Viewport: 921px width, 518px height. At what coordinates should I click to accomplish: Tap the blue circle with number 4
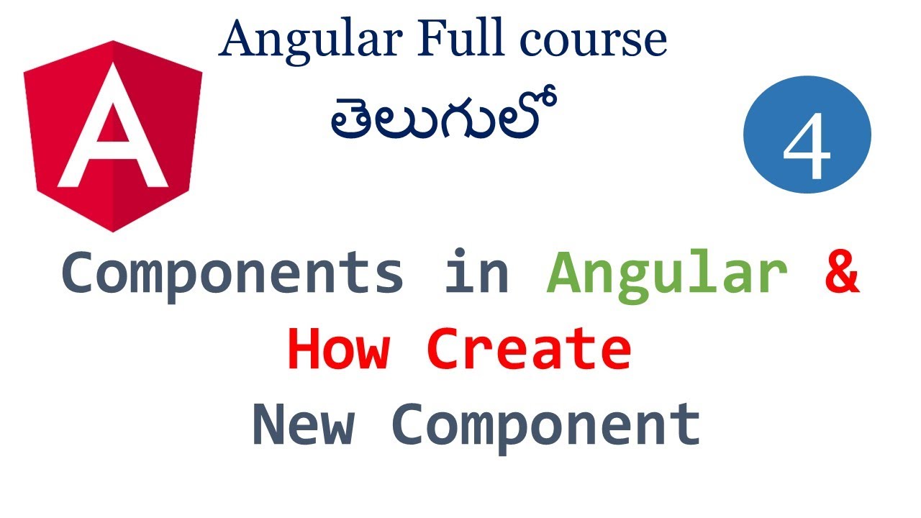[x=807, y=135]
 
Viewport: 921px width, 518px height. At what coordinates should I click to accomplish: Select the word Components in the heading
[x=232, y=273]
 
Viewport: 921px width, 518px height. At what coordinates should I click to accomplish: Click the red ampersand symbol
[x=841, y=271]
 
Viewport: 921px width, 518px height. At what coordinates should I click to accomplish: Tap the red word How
[x=339, y=349]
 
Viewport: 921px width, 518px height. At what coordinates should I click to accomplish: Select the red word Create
[x=528, y=349]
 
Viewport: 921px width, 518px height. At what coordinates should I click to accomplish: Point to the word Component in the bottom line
[x=547, y=424]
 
